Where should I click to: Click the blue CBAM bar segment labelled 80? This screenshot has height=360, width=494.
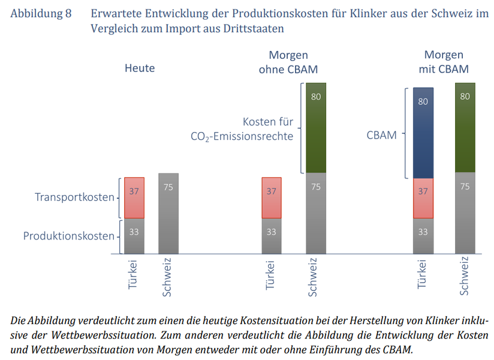tap(423, 133)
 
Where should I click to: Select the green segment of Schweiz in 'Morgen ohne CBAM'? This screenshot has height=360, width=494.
tap(316, 127)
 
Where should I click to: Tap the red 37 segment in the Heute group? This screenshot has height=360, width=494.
tap(134, 198)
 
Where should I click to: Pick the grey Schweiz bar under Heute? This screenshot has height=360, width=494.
tap(168, 213)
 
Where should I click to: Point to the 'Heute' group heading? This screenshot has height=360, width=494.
tap(140, 68)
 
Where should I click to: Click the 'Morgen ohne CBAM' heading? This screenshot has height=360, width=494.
tap(288, 62)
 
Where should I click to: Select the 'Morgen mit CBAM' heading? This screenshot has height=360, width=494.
tap(444, 62)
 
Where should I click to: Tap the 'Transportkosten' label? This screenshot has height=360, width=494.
tap(74, 197)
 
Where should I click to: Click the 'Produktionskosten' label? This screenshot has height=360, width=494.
tap(68, 236)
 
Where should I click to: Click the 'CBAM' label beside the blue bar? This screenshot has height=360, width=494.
tap(382, 134)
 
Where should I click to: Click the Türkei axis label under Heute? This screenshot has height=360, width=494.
tap(134, 275)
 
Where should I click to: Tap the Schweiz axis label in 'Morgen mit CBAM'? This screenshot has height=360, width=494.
tap(464, 277)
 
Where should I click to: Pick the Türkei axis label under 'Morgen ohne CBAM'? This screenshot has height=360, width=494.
tap(271, 275)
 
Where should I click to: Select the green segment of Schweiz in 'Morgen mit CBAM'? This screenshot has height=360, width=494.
tap(465, 127)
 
